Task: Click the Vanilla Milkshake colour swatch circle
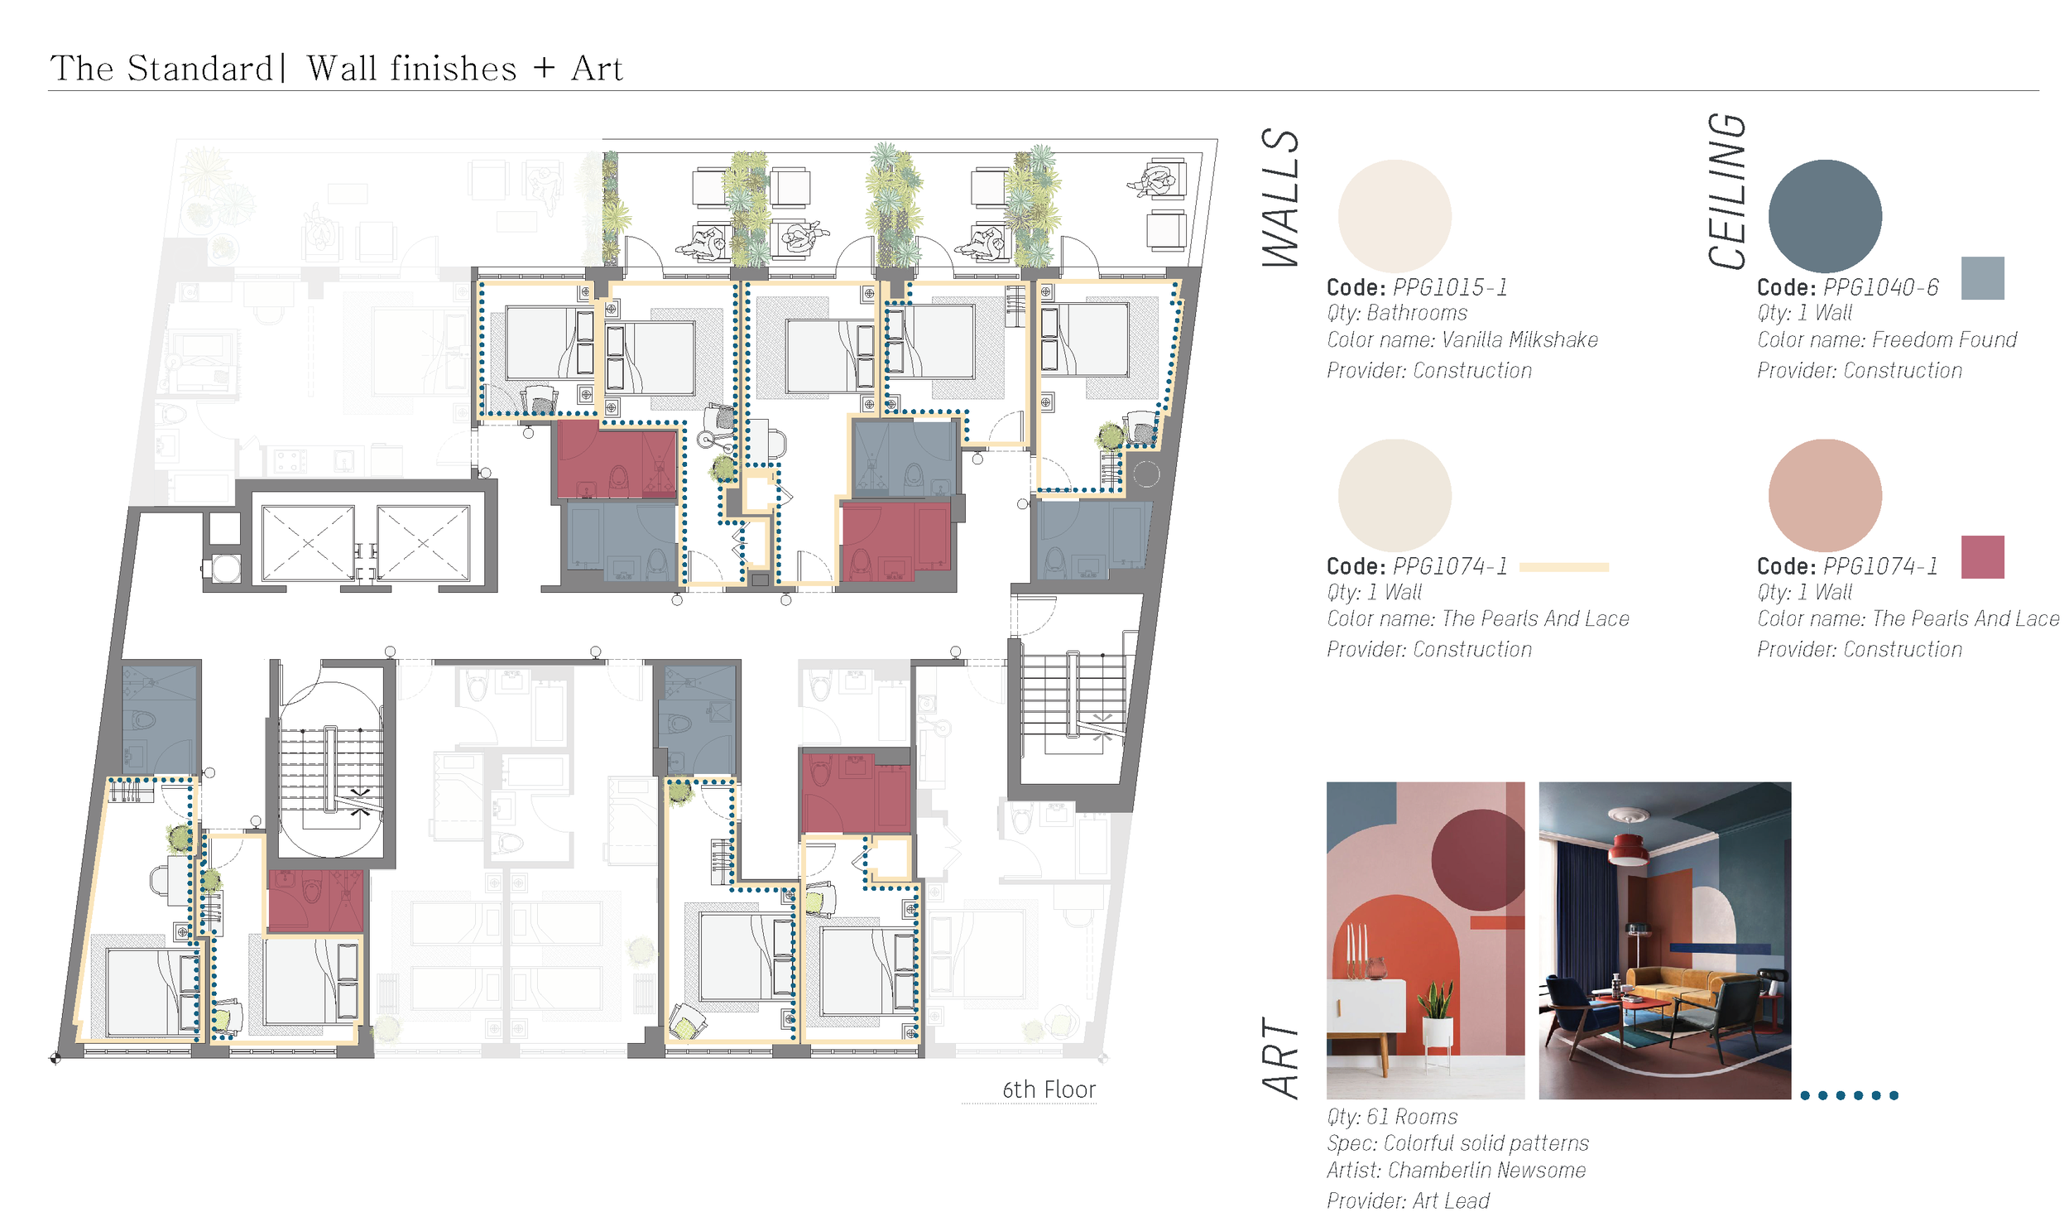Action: [1394, 216]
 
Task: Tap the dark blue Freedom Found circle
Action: [1824, 216]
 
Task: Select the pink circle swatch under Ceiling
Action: [1824, 495]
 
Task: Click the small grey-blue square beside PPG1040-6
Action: [1982, 277]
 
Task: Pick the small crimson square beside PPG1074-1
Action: [1982, 556]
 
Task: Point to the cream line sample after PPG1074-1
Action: [1563, 567]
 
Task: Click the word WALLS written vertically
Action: [1280, 198]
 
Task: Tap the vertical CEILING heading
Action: [1727, 191]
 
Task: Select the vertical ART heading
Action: [1280, 1058]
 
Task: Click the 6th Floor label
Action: [1049, 1089]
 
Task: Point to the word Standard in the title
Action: [200, 68]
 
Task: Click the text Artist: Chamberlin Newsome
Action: [1456, 1170]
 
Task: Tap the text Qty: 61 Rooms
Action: [1392, 1117]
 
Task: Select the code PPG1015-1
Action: [1450, 287]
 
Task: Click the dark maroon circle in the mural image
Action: [1478, 859]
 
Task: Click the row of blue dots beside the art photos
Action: [1849, 1095]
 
